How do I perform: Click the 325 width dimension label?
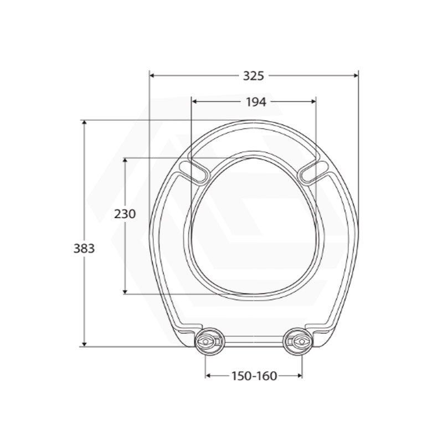[254, 76]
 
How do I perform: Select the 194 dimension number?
[256, 102]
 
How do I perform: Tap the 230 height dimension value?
[125, 214]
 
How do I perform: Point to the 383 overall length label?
[84, 249]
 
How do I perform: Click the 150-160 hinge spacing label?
[254, 376]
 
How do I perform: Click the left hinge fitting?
[209, 342]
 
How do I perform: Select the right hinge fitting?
[298, 342]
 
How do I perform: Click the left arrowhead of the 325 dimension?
[152, 75]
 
